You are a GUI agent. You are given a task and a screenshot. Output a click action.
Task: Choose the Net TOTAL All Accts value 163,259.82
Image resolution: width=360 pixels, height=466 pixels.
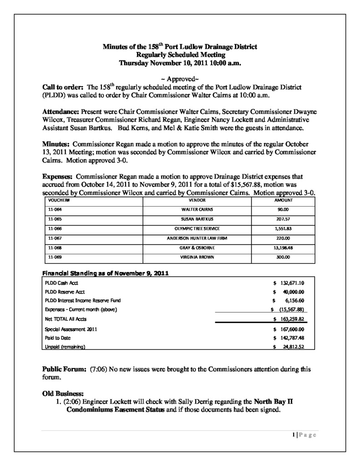point(291,319)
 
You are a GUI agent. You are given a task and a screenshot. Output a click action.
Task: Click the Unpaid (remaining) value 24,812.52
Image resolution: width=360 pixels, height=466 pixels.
point(291,347)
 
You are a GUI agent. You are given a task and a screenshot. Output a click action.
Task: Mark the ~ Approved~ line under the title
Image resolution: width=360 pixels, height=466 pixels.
point(180,78)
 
